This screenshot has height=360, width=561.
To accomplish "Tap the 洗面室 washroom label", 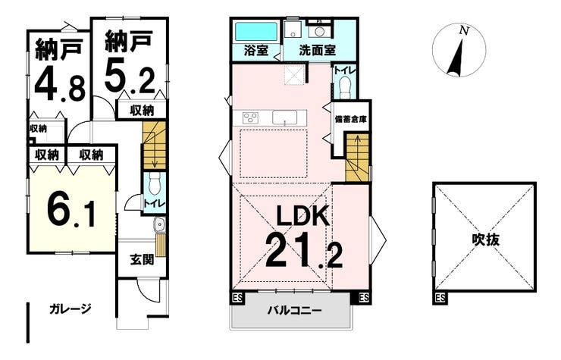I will coord(316,52).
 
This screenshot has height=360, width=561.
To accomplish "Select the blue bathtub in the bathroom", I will coord(255,33).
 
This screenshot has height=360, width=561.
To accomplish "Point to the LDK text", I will coord(302,217).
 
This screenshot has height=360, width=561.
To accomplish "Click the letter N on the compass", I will coord(464,31).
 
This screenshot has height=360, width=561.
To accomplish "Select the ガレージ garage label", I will coord(70,308).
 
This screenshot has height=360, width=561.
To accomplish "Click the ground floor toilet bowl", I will coord(154,184).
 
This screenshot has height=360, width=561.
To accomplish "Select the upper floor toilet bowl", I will coord(344,86).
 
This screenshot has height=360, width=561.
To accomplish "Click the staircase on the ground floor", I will coord(154,149).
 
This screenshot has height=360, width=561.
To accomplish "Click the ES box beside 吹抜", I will coord(440,298).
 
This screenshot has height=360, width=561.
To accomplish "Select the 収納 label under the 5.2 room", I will coord(141,111).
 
